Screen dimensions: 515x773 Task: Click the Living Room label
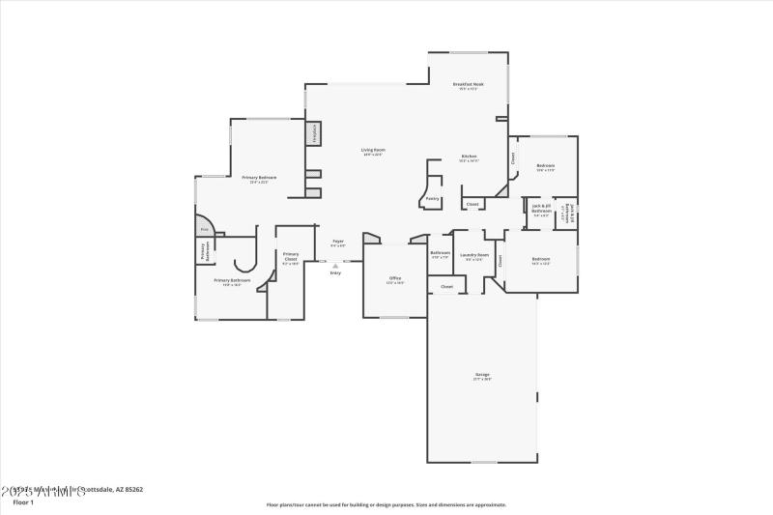[373, 151]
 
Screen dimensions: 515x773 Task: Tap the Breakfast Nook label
[468, 86]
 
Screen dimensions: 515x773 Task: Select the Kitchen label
[469, 157]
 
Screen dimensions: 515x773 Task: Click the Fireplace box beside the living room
[313, 133]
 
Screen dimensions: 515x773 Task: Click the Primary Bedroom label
[259, 179]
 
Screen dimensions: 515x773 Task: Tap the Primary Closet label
[291, 257]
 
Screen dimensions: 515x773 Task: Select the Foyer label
[338, 243]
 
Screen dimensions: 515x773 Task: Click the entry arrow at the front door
[335, 266]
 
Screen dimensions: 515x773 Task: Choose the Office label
[395, 280]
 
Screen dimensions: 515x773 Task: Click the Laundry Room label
[474, 256]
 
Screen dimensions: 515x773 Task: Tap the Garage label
[481, 376]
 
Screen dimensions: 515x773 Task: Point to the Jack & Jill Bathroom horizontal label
[542, 209]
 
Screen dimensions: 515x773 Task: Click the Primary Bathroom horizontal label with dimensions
[232, 282]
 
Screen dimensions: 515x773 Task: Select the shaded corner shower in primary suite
[204, 227]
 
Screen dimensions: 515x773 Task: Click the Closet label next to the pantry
[472, 204]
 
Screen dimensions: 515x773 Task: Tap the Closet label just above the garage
[446, 286]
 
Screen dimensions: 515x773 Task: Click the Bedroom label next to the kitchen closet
[545, 167]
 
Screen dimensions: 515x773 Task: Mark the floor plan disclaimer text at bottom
[386, 503]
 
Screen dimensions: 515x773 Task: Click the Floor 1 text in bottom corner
[22, 502]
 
